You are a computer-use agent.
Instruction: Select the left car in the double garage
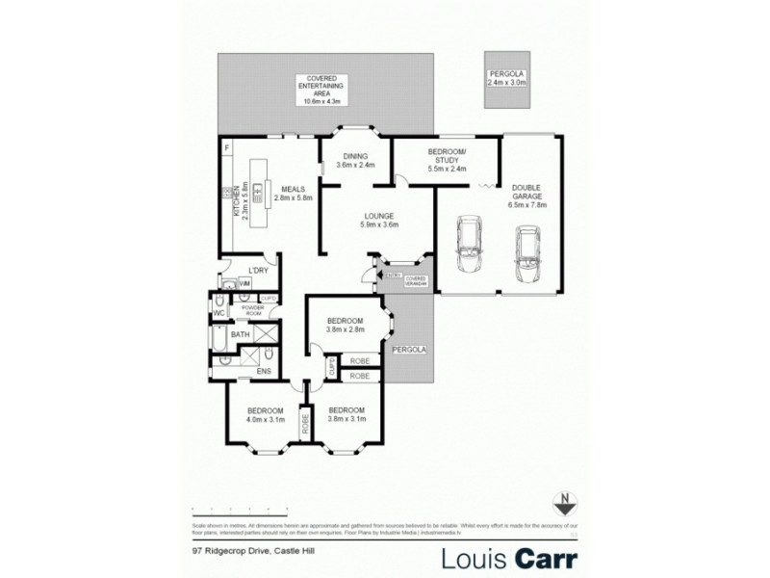pos(471,246)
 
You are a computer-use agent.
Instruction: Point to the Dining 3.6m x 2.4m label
pos(355,161)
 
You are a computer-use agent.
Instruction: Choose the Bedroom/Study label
pos(447,161)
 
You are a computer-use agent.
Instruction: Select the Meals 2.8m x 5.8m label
pos(295,194)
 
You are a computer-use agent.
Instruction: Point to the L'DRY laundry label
pos(256,271)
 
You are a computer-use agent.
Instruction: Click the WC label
pos(218,313)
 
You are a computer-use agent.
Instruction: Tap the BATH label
pos(241,334)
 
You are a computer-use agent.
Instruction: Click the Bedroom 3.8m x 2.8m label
pos(344,325)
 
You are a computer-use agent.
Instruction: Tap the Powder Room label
pos(252,311)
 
